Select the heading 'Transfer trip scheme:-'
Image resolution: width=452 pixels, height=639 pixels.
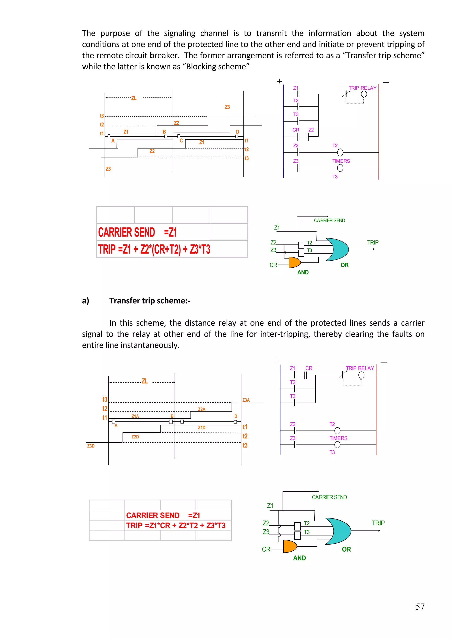[x=150, y=301]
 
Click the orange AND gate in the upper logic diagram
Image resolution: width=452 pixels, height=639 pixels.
[x=294, y=262]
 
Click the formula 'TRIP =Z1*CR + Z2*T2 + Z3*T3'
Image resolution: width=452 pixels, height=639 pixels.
[x=176, y=525]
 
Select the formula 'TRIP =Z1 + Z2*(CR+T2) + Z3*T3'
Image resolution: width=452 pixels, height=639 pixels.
[x=154, y=249]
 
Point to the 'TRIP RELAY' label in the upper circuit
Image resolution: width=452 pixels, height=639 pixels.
[x=362, y=88]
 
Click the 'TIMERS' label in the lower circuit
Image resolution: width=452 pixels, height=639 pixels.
[x=338, y=438]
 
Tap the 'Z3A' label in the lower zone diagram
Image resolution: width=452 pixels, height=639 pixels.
[x=246, y=400]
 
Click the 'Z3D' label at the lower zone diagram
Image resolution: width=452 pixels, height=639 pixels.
[x=91, y=446]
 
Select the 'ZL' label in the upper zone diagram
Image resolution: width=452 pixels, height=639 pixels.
[x=134, y=98]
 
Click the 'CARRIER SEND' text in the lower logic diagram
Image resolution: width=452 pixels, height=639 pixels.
[x=329, y=497]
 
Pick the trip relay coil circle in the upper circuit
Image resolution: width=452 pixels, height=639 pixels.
[x=364, y=94]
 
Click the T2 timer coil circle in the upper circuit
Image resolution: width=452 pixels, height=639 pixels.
[x=340, y=152]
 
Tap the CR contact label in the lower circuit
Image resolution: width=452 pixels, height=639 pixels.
[x=309, y=368]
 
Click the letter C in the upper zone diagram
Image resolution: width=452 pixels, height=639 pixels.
[x=181, y=141]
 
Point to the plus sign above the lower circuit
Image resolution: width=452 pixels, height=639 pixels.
[x=276, y=361]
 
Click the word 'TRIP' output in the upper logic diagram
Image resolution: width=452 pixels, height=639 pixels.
[x=373, y=242]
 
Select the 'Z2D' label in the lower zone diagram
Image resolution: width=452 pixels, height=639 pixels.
[x=135, y=437]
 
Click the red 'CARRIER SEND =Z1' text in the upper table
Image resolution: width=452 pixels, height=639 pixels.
[x=137, y=232]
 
